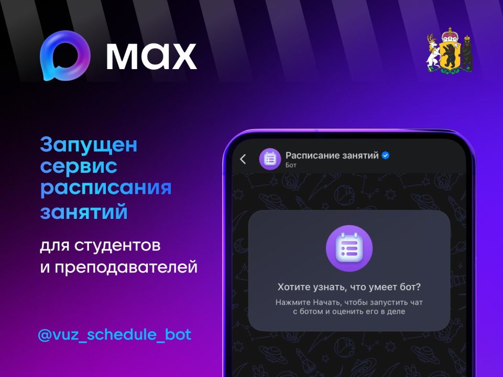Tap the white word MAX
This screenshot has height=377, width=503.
pos(151,57)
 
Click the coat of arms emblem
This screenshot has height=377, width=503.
pos(450,52)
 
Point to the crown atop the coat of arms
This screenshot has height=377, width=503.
pos(450,34)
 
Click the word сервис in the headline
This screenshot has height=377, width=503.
pos(79,167)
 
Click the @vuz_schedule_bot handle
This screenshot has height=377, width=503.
pos(115,335)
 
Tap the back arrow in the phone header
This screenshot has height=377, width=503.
pos(243,159)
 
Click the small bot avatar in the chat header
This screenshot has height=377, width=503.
pos(270,159)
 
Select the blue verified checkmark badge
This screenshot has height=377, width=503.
pos(385,156)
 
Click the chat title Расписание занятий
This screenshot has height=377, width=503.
pos(332,156)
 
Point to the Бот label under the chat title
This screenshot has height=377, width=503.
pos(291,165)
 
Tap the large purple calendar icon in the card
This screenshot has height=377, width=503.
pos(349,248)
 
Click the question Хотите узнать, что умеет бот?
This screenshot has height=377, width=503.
pos(349,287)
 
